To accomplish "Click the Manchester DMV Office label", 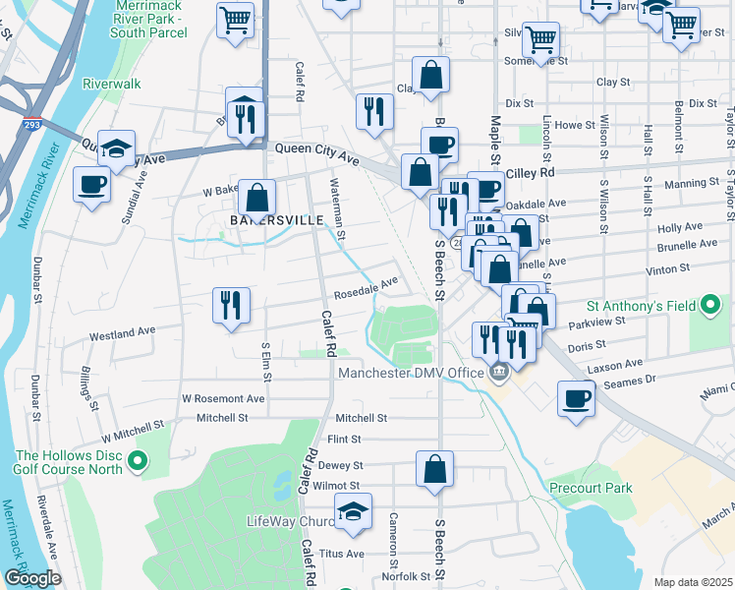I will coord(412,373).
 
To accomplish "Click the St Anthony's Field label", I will coord(641,307).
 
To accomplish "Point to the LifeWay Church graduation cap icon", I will coord(354,511).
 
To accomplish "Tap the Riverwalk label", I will coord(112,84).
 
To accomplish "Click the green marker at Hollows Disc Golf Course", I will coord(138,459).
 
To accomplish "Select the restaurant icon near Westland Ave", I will coord(232,305).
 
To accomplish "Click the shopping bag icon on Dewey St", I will coord(434,469).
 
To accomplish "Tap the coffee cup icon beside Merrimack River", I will coord(92,184).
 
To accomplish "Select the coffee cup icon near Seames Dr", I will coord(576,399).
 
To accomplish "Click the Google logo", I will coord(31,578).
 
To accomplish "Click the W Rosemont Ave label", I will coord(223,398).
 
